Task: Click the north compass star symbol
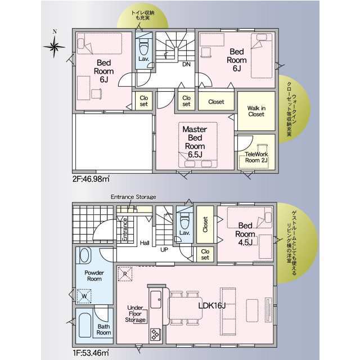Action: click(54, 47)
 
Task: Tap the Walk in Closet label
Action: click(256, 111)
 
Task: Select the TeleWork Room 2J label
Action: click(256, 157)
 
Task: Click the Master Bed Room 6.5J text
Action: click(195, 142)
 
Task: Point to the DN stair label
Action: click(186, 64)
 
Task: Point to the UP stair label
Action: click(164, 250)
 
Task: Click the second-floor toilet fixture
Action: click(144, 47)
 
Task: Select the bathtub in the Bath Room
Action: click(85, 326)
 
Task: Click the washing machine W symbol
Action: click(84, 296)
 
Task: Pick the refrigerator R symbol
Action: click(125, 274)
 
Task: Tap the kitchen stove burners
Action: click(155, 335)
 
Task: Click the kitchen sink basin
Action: click(156, 299)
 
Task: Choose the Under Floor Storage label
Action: click(135, 314)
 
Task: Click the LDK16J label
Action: click(212, 305)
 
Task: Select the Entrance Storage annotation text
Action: click(133, 197)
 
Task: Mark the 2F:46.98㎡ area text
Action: click(91, 179)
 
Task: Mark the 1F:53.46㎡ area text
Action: click(91, 353)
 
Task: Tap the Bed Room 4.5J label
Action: click(245, 234)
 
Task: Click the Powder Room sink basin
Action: click(85, 255)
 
